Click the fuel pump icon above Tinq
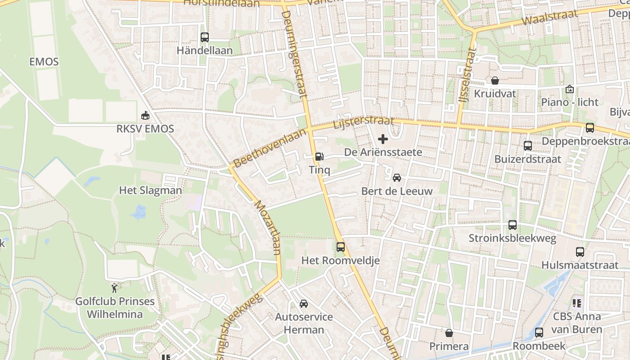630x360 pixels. [x=319, y=157]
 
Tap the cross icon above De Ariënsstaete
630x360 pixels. [x=383, y=139]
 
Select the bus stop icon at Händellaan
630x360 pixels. [x=205, y=37]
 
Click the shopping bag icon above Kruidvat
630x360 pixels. [x=495, y=81]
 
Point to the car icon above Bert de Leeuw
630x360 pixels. [x=397, y=178]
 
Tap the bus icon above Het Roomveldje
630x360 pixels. [x=341, y=247]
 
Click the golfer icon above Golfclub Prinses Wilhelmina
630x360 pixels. [x=115, y=288]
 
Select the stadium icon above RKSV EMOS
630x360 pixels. [x=145, y=116]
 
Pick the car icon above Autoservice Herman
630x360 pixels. [x=304, y=304]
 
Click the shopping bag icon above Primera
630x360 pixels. [x=449, y=333]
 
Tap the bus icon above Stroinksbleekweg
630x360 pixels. [x=512, y=225]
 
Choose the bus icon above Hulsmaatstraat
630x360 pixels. [x=580, y=252]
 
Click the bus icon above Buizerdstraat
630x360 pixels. [x=528, y=146]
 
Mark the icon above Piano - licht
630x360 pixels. [x=570, y=89]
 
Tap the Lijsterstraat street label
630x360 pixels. [x=364, y=123]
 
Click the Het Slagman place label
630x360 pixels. [x=150, y=190]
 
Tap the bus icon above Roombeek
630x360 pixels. [x=539, y=333]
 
